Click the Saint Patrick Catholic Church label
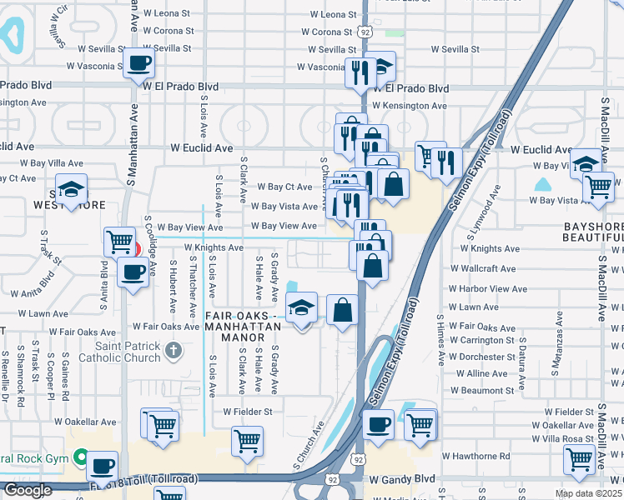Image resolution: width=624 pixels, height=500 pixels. (x=118, y=352)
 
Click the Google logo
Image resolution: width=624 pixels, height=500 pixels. (x=28, y=490)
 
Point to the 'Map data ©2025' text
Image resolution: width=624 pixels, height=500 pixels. (x=588, y=493)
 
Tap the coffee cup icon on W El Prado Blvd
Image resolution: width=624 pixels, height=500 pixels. (x=140, y=62)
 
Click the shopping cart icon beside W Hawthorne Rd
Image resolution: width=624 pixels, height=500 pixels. (x=580, y=457)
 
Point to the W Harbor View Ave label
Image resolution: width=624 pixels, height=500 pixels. (x=488, y=289)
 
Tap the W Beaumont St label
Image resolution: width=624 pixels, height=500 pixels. (x=482, y=390)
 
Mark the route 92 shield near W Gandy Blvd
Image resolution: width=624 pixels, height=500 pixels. (x=357, y=459)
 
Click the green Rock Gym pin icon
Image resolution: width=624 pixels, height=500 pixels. (x=80, y=457)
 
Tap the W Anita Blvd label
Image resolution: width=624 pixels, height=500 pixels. (x=33, y=293)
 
